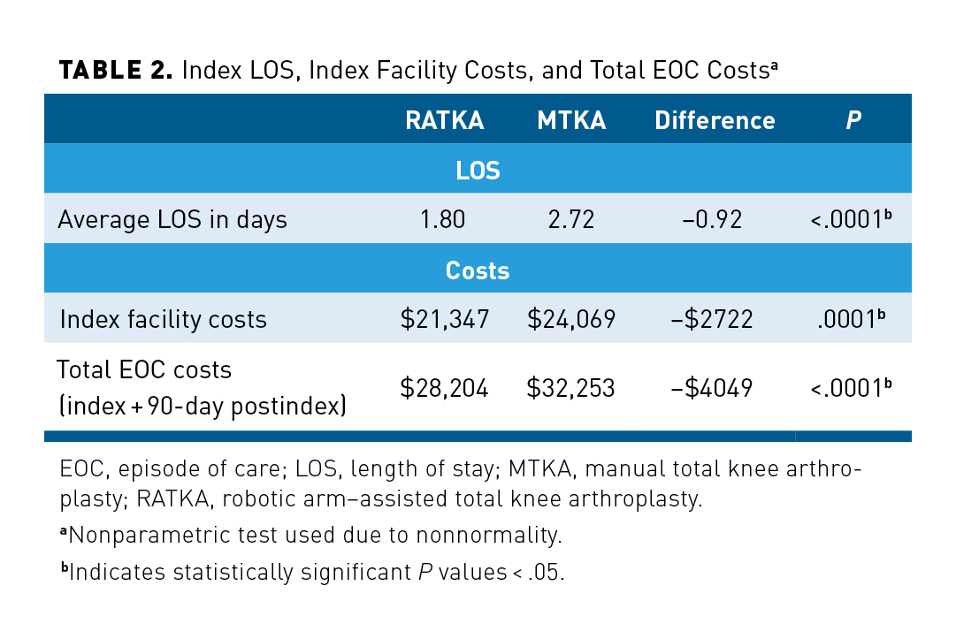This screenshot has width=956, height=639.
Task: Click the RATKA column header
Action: (x=444, y=121)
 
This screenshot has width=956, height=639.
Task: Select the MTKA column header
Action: (x=571, y=121)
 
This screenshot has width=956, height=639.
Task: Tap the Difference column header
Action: (x=715, y=121)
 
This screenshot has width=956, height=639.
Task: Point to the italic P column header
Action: (x=853, y=121)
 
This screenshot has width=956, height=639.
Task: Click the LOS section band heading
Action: (x=478, y=171)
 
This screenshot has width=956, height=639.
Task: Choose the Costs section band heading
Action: (x=478, y=270)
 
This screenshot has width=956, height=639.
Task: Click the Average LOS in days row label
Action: (x=172, y=219)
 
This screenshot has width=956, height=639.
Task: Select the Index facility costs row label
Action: (x=163, y=319)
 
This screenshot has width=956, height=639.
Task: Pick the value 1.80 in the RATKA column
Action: (x=443, y=219)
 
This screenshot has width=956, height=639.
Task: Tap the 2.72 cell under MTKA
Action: (x=571, y=219)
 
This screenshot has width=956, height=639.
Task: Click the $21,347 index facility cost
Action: (x=445, y=319)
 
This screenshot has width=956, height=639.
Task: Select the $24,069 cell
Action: (x=571, y=319)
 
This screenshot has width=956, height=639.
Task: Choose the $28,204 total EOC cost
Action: (x=445, y=387)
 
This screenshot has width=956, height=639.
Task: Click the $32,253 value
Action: (x=571, y=387)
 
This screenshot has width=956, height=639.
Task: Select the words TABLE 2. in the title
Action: (x=115, y=72)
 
